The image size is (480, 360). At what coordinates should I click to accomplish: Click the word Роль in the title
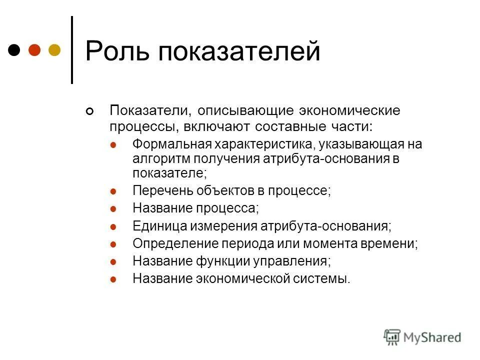point(116,51)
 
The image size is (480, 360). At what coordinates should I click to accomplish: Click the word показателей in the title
point(239,51)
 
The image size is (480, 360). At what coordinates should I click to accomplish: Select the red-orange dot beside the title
point(34,50)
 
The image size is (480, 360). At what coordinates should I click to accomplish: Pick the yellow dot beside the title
point(54,50)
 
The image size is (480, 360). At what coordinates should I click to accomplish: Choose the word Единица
point(159,226)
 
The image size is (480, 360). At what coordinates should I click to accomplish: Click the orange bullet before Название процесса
point(113,208)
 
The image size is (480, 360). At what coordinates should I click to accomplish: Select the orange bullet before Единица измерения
point(113,226)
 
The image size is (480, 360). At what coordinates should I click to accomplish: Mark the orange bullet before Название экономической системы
point(113,278)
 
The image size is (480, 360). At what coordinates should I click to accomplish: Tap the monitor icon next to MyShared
point(392,337)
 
